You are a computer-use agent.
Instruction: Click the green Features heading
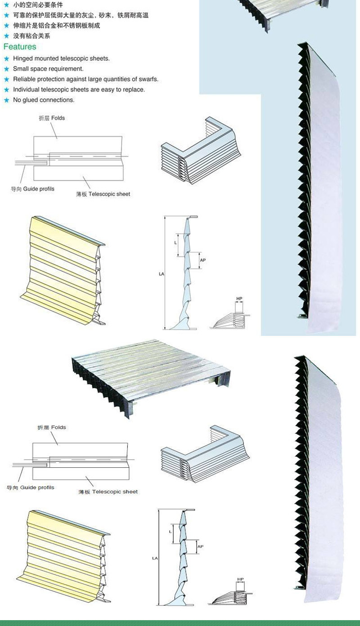click(x=20, y=47)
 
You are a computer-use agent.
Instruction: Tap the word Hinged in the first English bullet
click(x=22, y=58)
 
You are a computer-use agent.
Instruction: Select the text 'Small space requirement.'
click(x=48, y=69)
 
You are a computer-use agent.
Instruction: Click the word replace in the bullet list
click(x=134, y=89)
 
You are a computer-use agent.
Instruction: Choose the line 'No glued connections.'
click(x=44, y=100)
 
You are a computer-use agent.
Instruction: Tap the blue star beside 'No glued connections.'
click(x=6, y=100)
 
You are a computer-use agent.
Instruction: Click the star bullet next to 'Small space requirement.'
click(x=6, y=69)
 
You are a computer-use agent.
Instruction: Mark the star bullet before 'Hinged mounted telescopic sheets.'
click(x=6, y=59)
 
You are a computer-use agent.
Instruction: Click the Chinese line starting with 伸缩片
click(x=56, y=26)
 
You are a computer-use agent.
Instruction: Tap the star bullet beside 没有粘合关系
click(x=6, y=36)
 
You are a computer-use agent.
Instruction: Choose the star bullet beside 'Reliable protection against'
click(x=6, y=80)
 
